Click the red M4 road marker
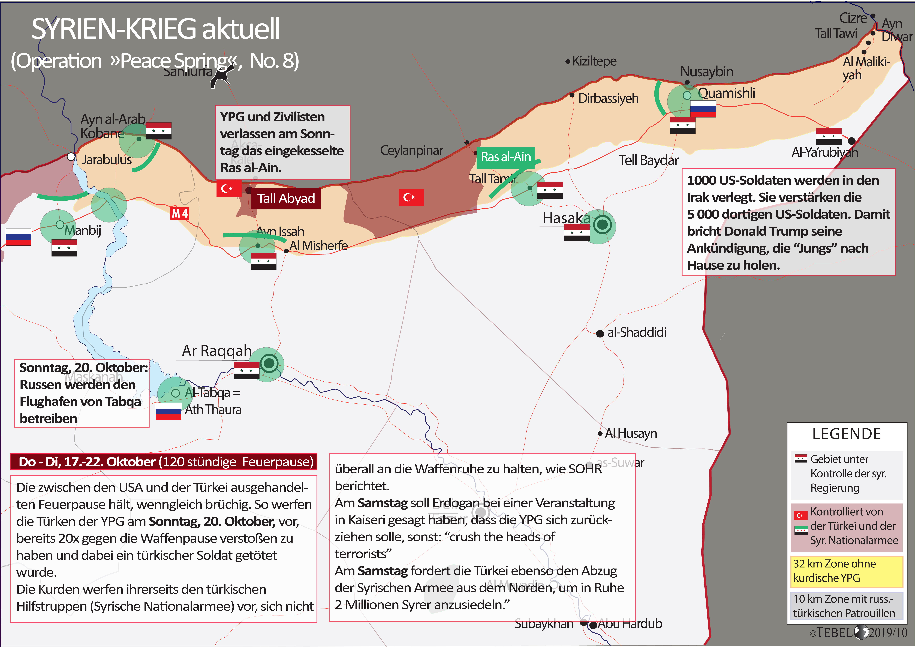click(180, 214)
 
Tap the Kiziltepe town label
click(594, 61)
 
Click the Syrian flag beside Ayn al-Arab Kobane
click(159, 131)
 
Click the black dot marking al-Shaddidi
click(600, 334)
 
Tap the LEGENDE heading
click(846, 434)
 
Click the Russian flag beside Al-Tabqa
click(168, 411)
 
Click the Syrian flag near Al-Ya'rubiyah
click(829, 136)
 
